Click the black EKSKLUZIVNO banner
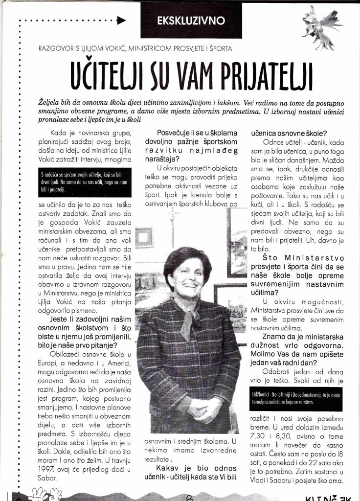pos(198,21)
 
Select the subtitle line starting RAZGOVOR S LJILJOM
pos(137,48)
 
